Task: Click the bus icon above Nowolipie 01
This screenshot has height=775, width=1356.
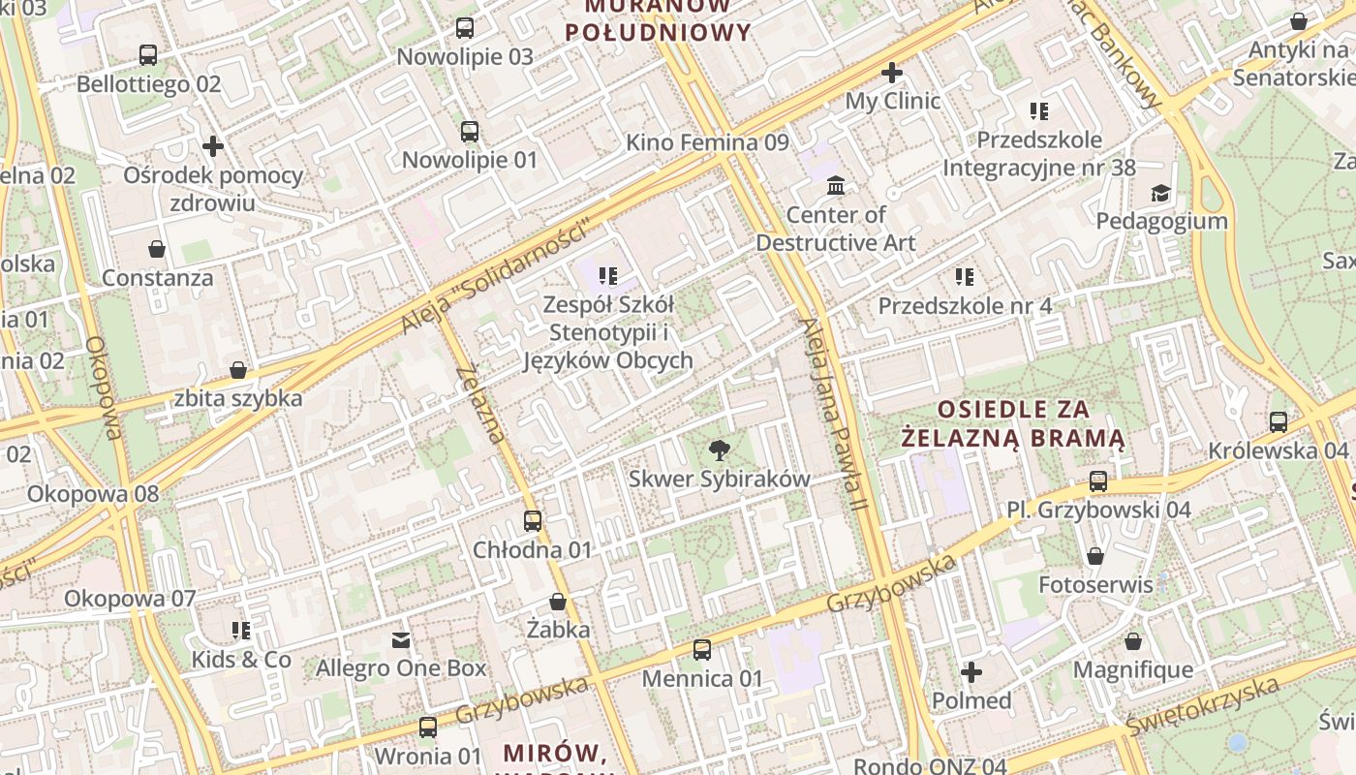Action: (x=470, y=132)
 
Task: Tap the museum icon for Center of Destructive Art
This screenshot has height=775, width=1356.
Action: (x=836, y=185)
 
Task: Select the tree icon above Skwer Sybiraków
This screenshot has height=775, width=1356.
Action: (x=719, y=449)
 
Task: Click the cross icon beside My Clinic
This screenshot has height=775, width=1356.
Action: (x=892, y=73)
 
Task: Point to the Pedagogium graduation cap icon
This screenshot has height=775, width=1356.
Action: (x=1160, y=193)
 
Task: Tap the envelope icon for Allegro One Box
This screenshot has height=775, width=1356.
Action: (x=401, y=640)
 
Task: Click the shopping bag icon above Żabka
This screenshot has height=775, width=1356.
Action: (x=558, y=602)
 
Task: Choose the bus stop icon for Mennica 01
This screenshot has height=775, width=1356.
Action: (x=702, y=650)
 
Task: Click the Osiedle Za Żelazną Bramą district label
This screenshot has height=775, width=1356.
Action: (x=1013, y=424)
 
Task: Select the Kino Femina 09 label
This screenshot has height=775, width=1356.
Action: (x=707, y=142)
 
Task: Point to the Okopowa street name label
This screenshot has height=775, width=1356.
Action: (x=103, y=387)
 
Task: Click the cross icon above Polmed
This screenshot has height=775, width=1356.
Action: (x=971, y=671)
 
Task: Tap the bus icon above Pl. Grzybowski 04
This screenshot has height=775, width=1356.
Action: (x=1098, y=481)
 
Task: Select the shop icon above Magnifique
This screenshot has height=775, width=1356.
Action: (x=1132, y=641)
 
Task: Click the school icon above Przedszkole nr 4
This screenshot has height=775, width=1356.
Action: (x=965, y=277)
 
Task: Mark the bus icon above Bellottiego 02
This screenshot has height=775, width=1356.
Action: (x=148, y=55)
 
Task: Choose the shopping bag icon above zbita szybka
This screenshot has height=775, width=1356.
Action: (x=238, y=370)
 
